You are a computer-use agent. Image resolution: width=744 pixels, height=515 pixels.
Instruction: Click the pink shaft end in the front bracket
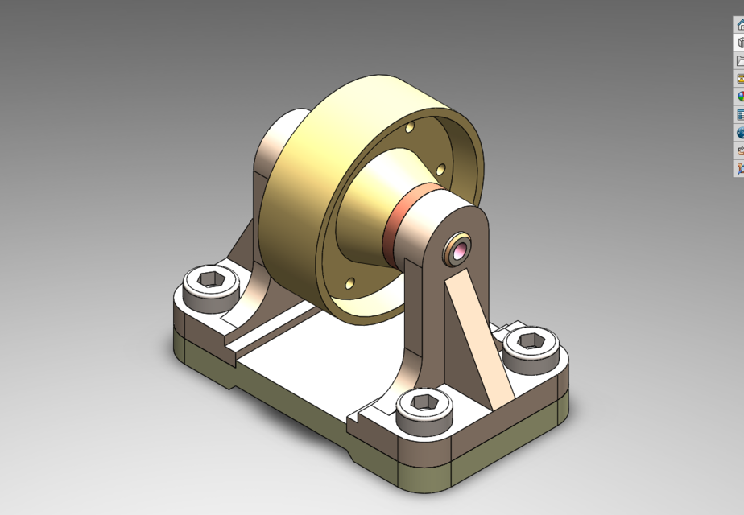click(459, 250)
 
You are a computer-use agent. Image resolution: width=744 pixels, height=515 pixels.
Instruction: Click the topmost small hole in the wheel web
click(411, 128)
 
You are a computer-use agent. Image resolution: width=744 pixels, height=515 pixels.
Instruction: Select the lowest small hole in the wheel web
click(349, 283)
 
